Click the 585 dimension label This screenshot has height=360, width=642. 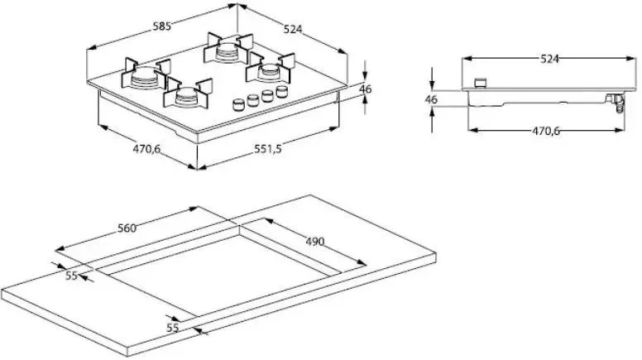(x=161, y=26)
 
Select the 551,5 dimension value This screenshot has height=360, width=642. (x=268, y=149)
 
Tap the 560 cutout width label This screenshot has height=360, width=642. (x=127, y=228)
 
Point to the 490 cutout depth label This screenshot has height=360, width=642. (x=315, y=241)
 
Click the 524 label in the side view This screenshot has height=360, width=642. (x=549, y=59)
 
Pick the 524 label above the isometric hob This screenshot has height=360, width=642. (x=293, y=29)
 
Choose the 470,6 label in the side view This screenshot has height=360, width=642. (x=546, y=131)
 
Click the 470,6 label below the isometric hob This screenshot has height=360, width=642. (x=146, y=149)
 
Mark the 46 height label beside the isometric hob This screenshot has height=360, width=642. (x=365, y=89)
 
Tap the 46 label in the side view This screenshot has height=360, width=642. (x=431, y=99)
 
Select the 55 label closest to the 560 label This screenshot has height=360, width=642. (x=72, y=276)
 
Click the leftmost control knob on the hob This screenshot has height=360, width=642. (x=238, y=104)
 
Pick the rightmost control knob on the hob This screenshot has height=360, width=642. (x=282, y=91)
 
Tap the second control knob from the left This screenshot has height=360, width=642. (x=253, y=100)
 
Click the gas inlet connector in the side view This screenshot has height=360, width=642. (x=616, y=103)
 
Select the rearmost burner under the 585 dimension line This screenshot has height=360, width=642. (x=228, y=47)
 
